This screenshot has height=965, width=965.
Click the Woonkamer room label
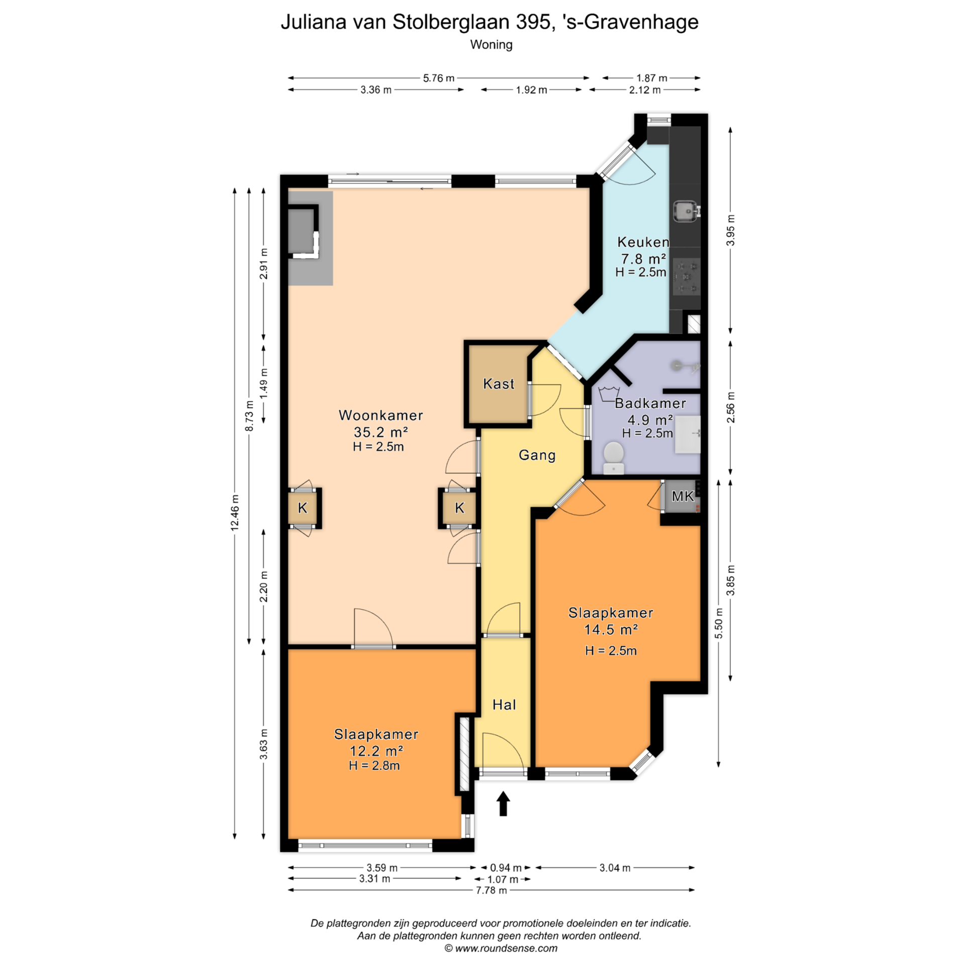380,415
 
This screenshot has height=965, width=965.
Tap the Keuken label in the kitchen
643,242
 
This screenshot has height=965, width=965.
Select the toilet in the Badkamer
613,457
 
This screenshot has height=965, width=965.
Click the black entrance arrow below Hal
503,803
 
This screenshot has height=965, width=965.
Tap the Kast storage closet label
499,384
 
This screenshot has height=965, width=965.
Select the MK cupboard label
683,497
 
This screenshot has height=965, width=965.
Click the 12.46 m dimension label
235,513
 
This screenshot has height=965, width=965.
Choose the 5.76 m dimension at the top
438,78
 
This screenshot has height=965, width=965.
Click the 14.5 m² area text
611,629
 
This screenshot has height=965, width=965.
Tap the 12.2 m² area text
376,751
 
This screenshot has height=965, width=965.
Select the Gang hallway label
537,455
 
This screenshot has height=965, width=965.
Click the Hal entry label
504,705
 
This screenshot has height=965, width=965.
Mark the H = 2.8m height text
374,765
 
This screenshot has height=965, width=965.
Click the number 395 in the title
533,22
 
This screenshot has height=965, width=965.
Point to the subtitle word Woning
491,45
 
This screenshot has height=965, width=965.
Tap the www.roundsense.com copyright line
501,948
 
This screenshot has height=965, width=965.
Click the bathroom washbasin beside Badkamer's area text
687,434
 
